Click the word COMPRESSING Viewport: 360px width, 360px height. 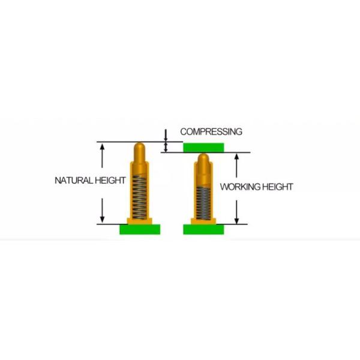pos(211,132)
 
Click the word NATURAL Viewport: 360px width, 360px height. pos(73,181)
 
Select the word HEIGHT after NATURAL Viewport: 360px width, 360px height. pos(110,181)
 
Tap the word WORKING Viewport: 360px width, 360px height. pos(240,187)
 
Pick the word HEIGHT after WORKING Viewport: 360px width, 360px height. pos(278,187)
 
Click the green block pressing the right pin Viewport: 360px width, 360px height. pos(203,148)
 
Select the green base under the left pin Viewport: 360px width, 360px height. pos(140,229)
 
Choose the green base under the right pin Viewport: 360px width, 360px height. pos(203,229)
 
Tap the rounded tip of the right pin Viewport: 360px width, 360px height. pos(203,157)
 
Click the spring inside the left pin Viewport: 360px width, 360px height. pos(139,197)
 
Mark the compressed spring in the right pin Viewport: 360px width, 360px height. pos(203,203)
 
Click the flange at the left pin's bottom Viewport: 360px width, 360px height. pos(140,221)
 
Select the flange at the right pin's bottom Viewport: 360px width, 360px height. pos(203,221)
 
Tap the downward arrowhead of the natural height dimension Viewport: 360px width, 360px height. pos(102,220)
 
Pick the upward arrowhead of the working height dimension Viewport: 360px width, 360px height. pos(237,157)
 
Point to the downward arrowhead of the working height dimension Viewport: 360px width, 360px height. pos(237,220)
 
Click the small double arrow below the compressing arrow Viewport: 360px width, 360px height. pos(166,147)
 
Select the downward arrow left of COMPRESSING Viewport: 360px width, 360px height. pos(166,136)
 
